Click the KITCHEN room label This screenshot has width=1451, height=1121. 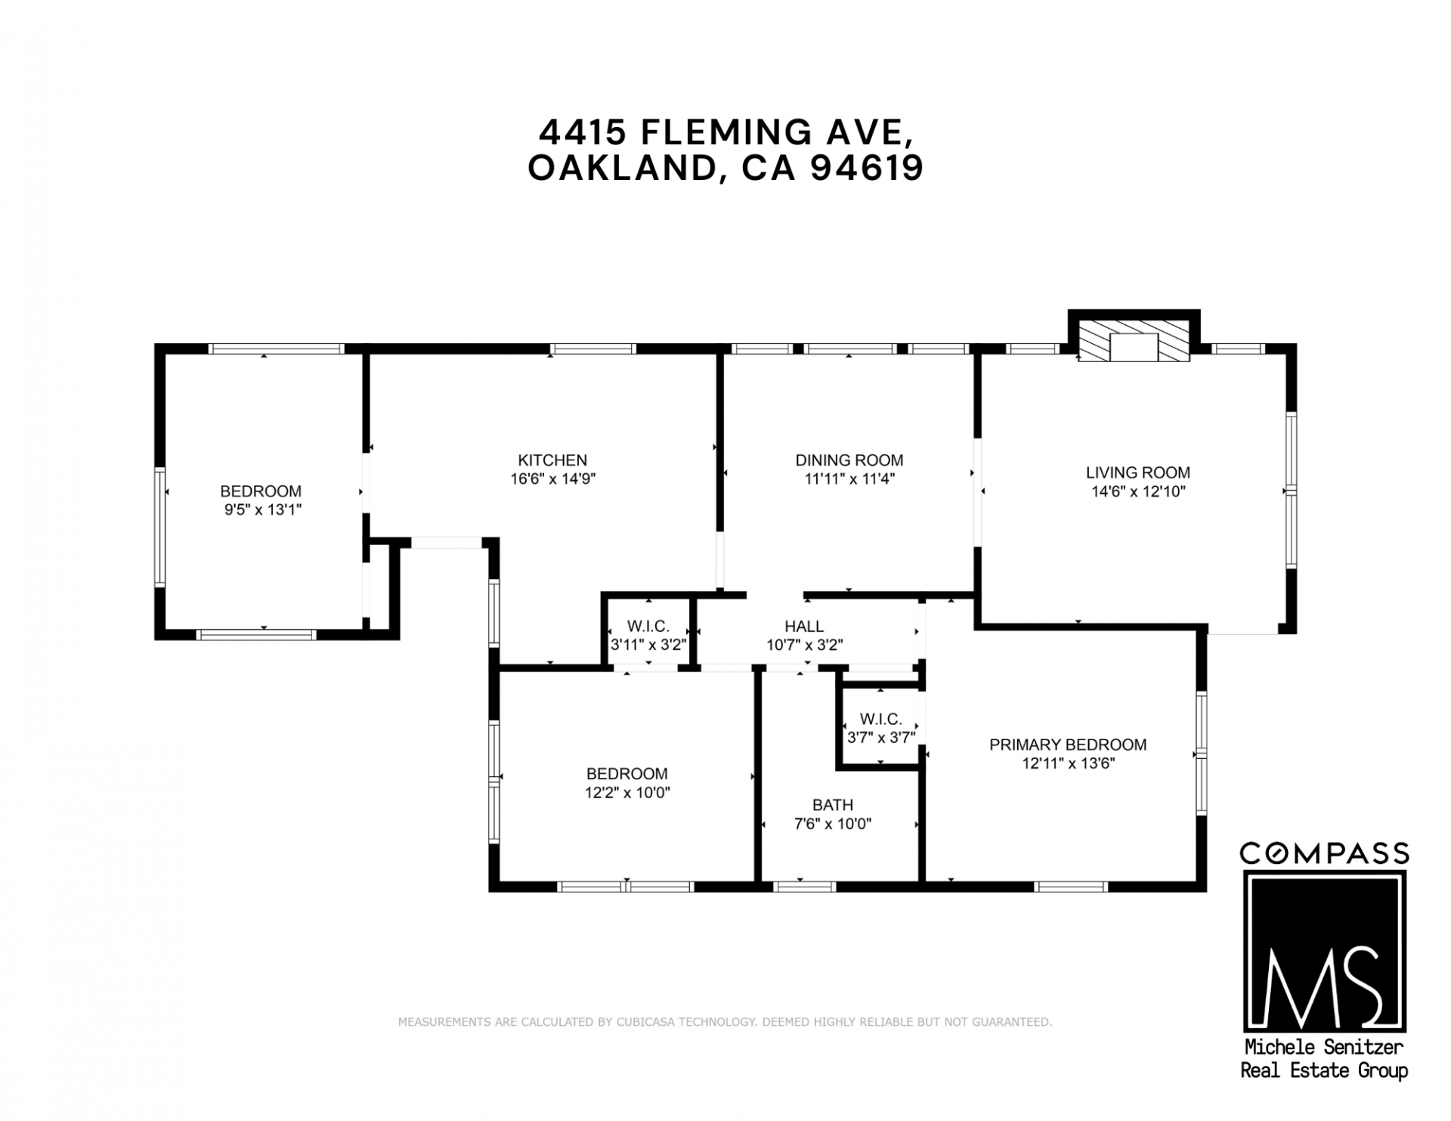[x=552, y=460]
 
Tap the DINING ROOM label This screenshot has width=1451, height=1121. [x=849, y=460]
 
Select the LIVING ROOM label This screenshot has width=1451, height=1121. [x=1138, y=472]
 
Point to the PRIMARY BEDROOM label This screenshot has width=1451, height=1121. [x=1068, y=745]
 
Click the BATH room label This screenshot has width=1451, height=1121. [x=833, y=805]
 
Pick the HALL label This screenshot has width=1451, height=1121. [x=804, y=626]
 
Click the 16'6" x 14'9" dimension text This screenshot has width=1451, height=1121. [x=552, y=478]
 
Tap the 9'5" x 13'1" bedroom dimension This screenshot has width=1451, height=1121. [x=262, y=509]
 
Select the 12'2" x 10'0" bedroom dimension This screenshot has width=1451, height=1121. [x=627, y=792]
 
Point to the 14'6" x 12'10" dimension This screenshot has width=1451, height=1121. [x=1138, y=491]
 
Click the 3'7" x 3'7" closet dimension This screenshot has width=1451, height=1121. [x=881, y=737]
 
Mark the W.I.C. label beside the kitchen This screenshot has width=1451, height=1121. [x=648, y=626]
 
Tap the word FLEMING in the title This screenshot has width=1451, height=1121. [x=715, y=133]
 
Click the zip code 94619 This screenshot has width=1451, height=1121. [x=866, y=168]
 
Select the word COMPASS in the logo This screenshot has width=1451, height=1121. [x=1325, y=853]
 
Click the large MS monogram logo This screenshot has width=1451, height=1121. [x=1325, y=951]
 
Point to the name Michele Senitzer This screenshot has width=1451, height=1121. [x=1324, y=1048]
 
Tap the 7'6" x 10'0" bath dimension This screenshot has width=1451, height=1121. [x=833, y=824]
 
